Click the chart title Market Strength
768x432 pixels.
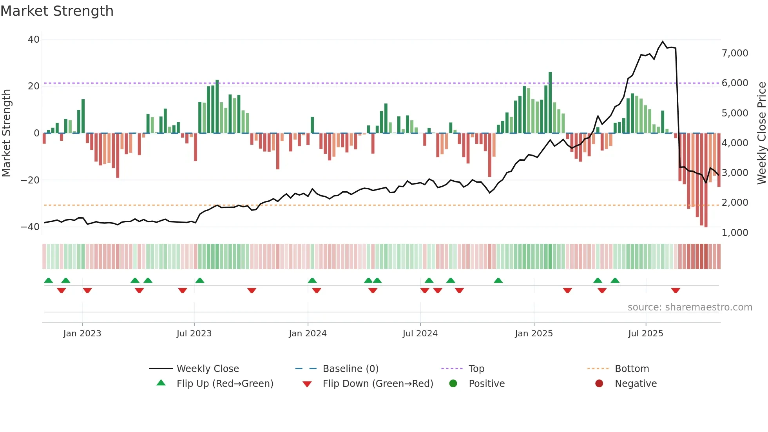click(57, 11)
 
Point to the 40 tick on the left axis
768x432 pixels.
click(34, 39)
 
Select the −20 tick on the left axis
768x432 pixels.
click(30, 180)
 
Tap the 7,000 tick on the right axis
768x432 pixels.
click(735, 53)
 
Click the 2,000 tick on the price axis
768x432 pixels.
click(735, 203)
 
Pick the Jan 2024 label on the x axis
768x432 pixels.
click(308, 334)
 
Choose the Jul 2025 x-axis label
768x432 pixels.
click(645, 334)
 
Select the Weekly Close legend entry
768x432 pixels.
click(208, 369)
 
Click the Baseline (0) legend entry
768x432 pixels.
click(350, 369)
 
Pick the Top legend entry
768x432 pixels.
click(476, 369)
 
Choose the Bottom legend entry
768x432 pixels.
click(632, 369)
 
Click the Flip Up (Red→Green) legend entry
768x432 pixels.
click(225, 384)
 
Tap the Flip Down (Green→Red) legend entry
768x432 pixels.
click(378, 384)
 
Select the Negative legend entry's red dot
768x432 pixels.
click(599, 383)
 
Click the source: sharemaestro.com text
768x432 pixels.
click(690, 307)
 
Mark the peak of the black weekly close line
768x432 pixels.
click(663, 42)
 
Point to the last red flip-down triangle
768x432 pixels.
click(676, 290)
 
